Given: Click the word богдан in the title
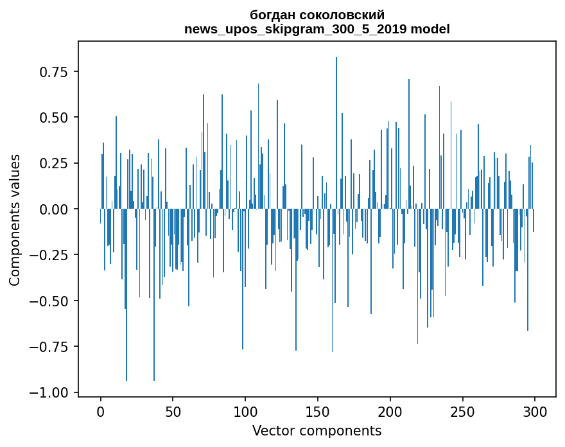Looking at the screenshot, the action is [273, 15].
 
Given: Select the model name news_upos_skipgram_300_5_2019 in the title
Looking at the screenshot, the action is [296, 29].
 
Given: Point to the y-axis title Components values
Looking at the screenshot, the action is [14, 220].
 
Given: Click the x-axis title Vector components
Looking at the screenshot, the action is [317, 431].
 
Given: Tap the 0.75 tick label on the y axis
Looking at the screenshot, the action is [54, 72].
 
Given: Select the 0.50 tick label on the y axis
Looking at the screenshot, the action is [54, 118].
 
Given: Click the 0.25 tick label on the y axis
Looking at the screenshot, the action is [54, 163].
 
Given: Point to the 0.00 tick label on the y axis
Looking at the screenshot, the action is [54, 209].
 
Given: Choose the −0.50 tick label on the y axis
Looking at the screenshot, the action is [49, 301].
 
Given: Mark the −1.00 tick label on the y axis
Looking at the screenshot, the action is [49, 392].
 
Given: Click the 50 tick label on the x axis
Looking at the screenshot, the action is [173, 411].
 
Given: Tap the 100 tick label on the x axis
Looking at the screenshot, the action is [245, 411].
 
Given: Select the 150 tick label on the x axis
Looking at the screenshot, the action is [318, 411].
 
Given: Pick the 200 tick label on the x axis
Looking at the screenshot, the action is [390, 411].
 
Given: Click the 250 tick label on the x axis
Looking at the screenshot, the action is [462, 411].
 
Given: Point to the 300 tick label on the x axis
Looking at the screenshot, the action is [535, 411].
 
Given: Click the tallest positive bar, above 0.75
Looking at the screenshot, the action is [336, 133].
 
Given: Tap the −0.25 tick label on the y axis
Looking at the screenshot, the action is [49, 255].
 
